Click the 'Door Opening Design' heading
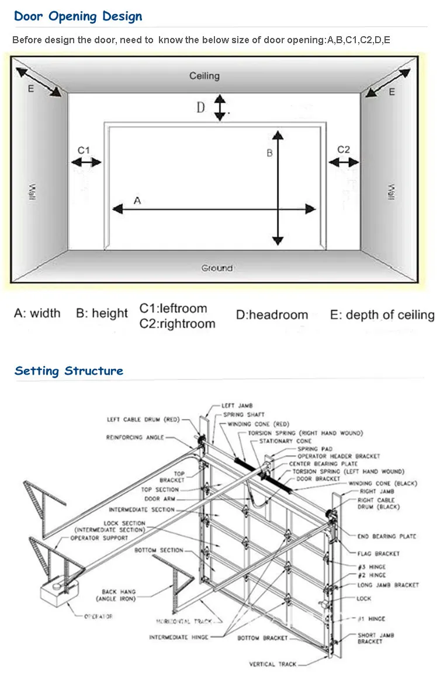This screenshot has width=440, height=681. click(78, 16)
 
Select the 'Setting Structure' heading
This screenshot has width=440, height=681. click(69, 371)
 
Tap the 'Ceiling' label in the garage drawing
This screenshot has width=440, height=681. click(204, 76)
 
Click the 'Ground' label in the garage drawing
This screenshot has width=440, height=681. click(217, 268)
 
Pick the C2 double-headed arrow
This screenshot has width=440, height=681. click(344, 163)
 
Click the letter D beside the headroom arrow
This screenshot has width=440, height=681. click(200, 108)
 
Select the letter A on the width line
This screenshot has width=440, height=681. click(137, 201)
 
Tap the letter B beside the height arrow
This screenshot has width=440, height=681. click(269, 153)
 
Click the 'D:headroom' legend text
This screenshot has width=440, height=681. click(272, 315)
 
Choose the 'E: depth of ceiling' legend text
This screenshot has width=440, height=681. click(382, 315)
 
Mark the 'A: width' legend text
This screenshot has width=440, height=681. click(37, 313)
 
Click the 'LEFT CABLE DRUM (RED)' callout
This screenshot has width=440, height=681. click(144, 419)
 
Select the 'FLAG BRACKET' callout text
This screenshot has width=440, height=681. click(379, 553)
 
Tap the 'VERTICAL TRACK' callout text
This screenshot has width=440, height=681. click(273, 664)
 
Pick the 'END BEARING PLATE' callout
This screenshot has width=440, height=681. click(386, 536)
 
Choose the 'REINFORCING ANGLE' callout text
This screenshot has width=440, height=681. click(135, 437)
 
